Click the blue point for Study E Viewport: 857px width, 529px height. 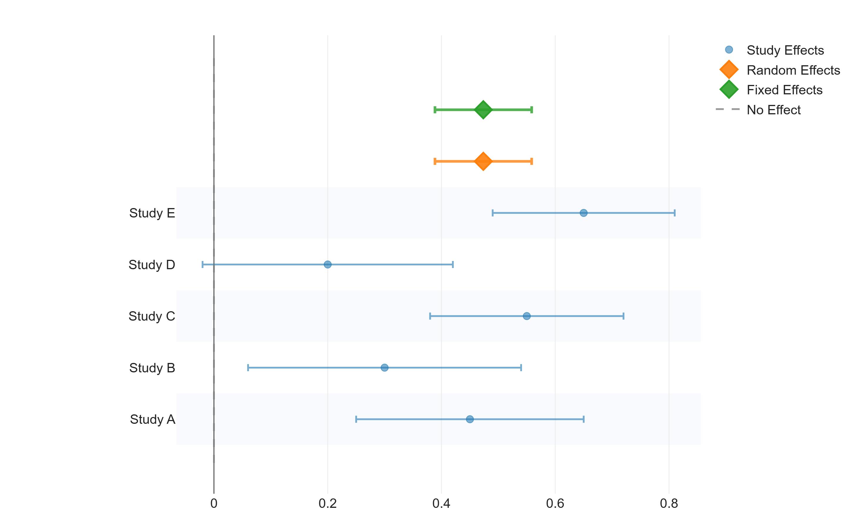pos(583,213)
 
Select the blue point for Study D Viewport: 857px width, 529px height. pos(327,264)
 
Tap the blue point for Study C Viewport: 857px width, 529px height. pos(526,316)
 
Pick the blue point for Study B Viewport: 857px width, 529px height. pos(384,368)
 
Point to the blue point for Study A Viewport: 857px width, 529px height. pos(470,419)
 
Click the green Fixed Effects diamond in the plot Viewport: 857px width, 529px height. pos(483,110)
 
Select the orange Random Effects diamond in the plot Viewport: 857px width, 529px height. pos(483,161)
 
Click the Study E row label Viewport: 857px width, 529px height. pos(152,213)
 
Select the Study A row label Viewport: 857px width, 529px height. pos(152,419)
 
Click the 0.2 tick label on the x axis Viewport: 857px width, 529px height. pos(327,504)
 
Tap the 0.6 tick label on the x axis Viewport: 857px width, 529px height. pos(555,504)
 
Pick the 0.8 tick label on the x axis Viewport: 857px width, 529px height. pos(669,504)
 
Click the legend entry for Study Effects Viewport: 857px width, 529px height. pos(785,50)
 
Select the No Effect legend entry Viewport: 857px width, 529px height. pos(774,110)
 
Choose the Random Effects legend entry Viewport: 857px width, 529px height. pos(793,70)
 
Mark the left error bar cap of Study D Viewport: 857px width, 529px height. pos(202,264)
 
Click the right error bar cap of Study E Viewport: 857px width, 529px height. pos(674,213)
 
